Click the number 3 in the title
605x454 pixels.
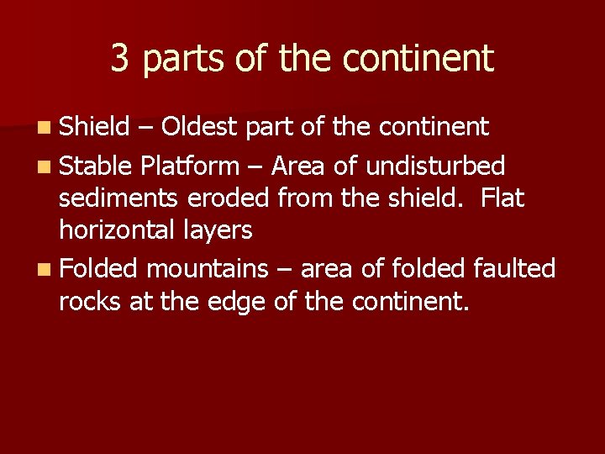[x=120, y=58]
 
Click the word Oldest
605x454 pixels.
[x=200, y=127]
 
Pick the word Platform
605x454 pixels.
[x=190, y=165]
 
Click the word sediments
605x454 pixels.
[x=117, y=198]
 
